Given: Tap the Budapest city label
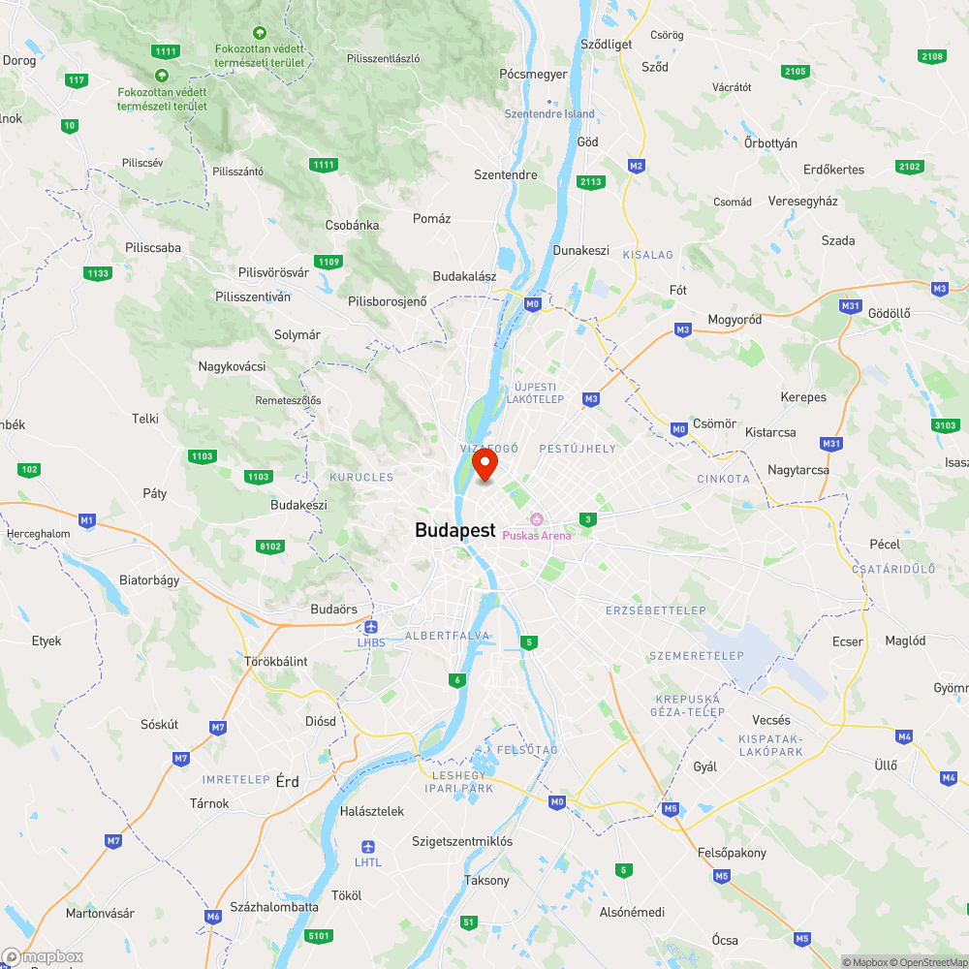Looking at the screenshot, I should coord(454,531).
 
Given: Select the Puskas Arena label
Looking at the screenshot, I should coord(536,535).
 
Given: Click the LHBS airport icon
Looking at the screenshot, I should coord(371,627).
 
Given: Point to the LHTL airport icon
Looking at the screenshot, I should coord(367,847).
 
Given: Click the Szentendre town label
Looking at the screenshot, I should coord(505,175).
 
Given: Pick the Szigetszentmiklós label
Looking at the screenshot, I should coord(462,841).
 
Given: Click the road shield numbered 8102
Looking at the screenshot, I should coord(270,547).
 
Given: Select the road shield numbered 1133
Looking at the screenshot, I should coord(97,273).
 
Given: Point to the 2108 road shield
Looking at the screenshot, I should coord(932,56).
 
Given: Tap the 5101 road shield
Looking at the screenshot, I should coord(318,936).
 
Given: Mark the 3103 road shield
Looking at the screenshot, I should coord(946,425).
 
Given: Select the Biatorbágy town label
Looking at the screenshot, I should coord(149,581).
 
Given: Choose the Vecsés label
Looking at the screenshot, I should coord(771,720).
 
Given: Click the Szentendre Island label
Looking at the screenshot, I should coord(549,114).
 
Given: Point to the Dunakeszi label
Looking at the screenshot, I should coord(580,250).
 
